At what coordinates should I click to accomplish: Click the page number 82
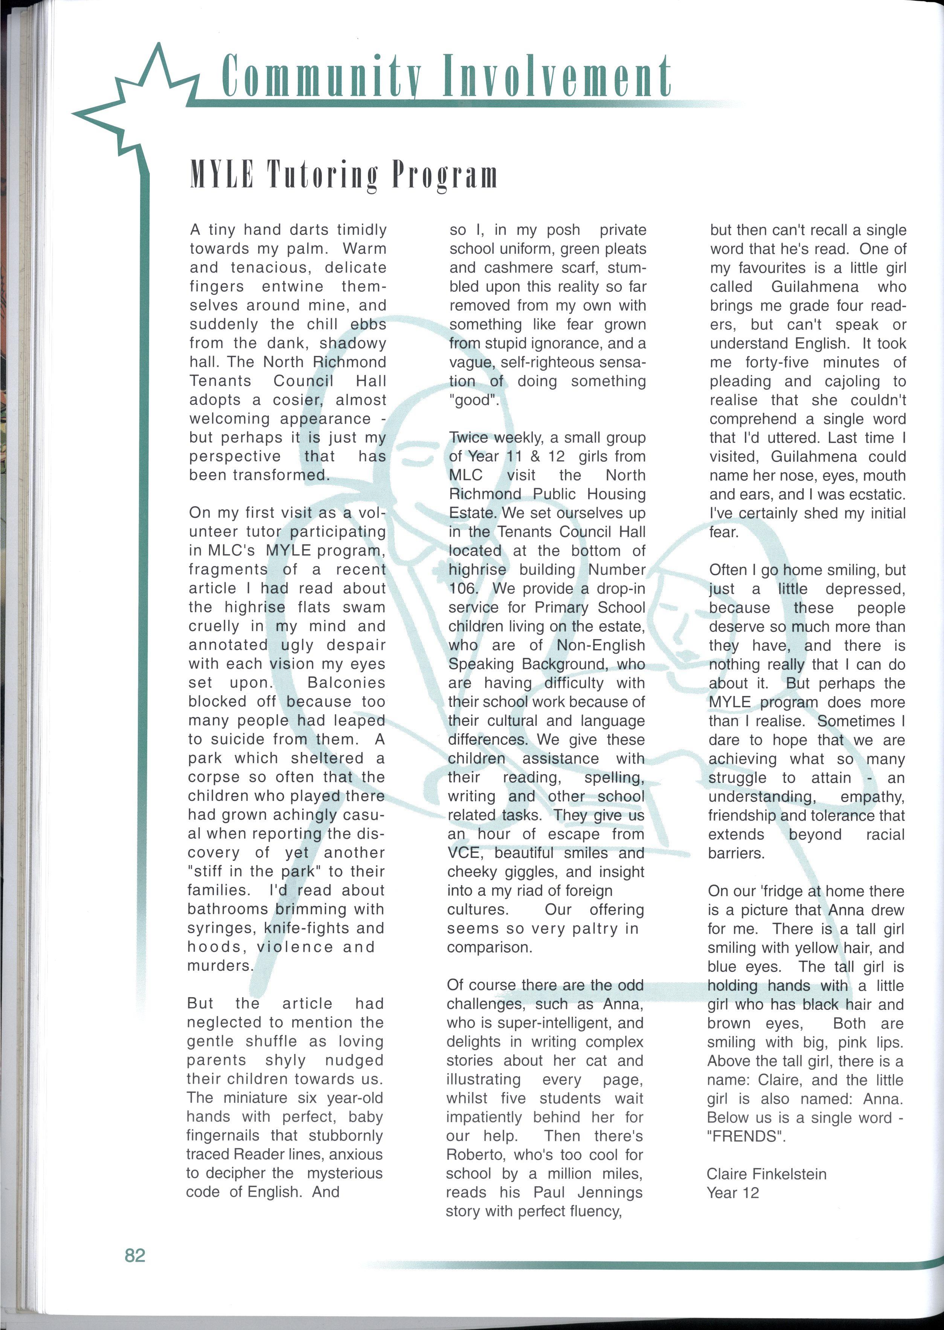pyautogui.click(x=135, y=1255)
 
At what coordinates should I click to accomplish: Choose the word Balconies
pyautogui.click(x=346, y=682)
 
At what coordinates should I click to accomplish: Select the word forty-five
pyautogui.click(x=777, y=362)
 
